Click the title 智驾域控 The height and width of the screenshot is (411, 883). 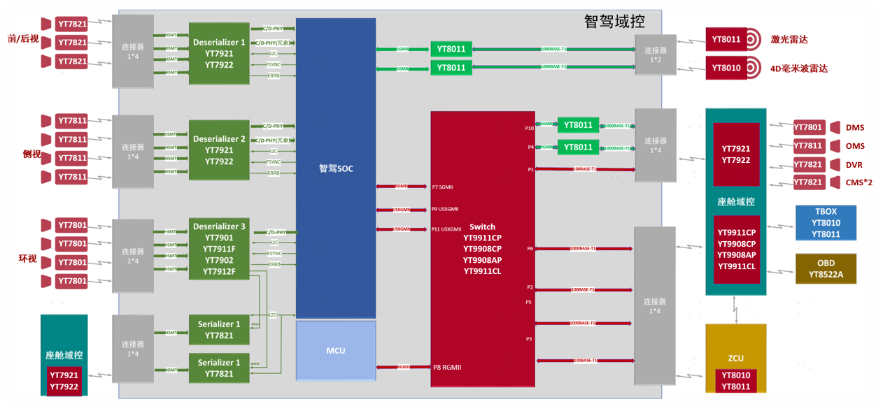[x=614, y=22]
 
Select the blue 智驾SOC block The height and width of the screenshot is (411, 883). [x=336, y=168]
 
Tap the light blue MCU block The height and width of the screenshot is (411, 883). [x=336, y=350]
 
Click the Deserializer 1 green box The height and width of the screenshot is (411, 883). [x=219, y=54]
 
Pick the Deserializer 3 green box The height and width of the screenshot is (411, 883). [x=219, y=249]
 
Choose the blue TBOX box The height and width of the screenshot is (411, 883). [x=826, y=223]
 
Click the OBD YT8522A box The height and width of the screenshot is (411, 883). [x=826, y=269]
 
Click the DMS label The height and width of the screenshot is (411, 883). [x=855, y=128]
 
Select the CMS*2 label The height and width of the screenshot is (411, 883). [x=859, y=183]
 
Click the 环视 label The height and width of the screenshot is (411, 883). [x=27, y=259]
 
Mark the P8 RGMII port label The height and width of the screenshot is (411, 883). [x=446, y=366]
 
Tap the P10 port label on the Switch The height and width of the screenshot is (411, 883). [x=529, y=128]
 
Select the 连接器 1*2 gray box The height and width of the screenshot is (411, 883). [x=656, y=55]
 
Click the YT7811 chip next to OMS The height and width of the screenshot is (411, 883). [x=808, y=146]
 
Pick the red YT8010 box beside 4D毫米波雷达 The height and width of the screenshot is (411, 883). [x=726, y=68]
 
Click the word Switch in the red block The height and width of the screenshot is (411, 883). [x=482, y=226]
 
